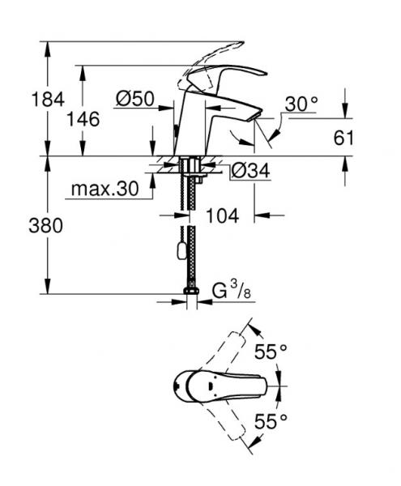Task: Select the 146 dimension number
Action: pos(84,119)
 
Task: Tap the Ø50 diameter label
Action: pos(135,99)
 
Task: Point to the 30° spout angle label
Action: pos(301,104)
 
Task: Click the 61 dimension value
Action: pos(344,137)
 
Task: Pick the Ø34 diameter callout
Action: pos(250,171)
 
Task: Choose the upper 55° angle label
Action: pos(271,352)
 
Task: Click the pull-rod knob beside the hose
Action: pos(179,253)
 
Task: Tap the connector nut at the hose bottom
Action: pos(192,293)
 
